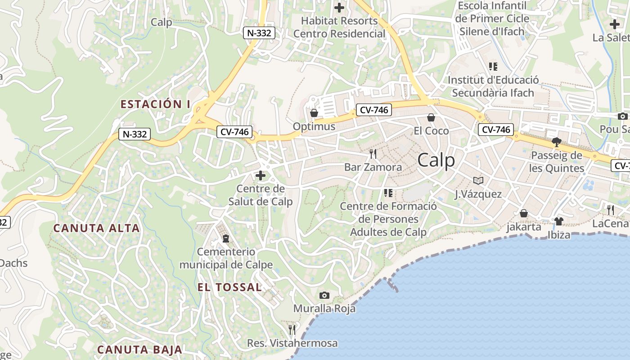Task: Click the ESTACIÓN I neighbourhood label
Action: point(155,104)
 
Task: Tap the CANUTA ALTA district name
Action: point(96,228)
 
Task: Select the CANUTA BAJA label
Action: point(139,350)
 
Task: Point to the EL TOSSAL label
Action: point(229,287)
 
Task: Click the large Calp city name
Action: point(436,160)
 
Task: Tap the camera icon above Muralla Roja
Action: point(324,295)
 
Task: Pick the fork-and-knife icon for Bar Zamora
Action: point(373,154)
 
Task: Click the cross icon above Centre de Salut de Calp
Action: point(260,175)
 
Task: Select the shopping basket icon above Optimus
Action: point(314,112)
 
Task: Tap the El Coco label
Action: point(431,131)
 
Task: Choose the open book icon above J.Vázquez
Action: point(478,180)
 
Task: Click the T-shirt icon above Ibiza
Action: point(558,221)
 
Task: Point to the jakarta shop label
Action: point(524,227)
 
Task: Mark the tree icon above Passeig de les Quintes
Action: point(556,142)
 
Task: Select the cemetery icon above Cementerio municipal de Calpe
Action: point(225,238)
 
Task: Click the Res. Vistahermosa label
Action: point(292,343)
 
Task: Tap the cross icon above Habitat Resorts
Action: point(339,7)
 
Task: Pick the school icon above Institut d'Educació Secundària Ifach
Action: point(493,67)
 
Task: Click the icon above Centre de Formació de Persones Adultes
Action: point(388,193)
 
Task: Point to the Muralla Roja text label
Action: point(324,309)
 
